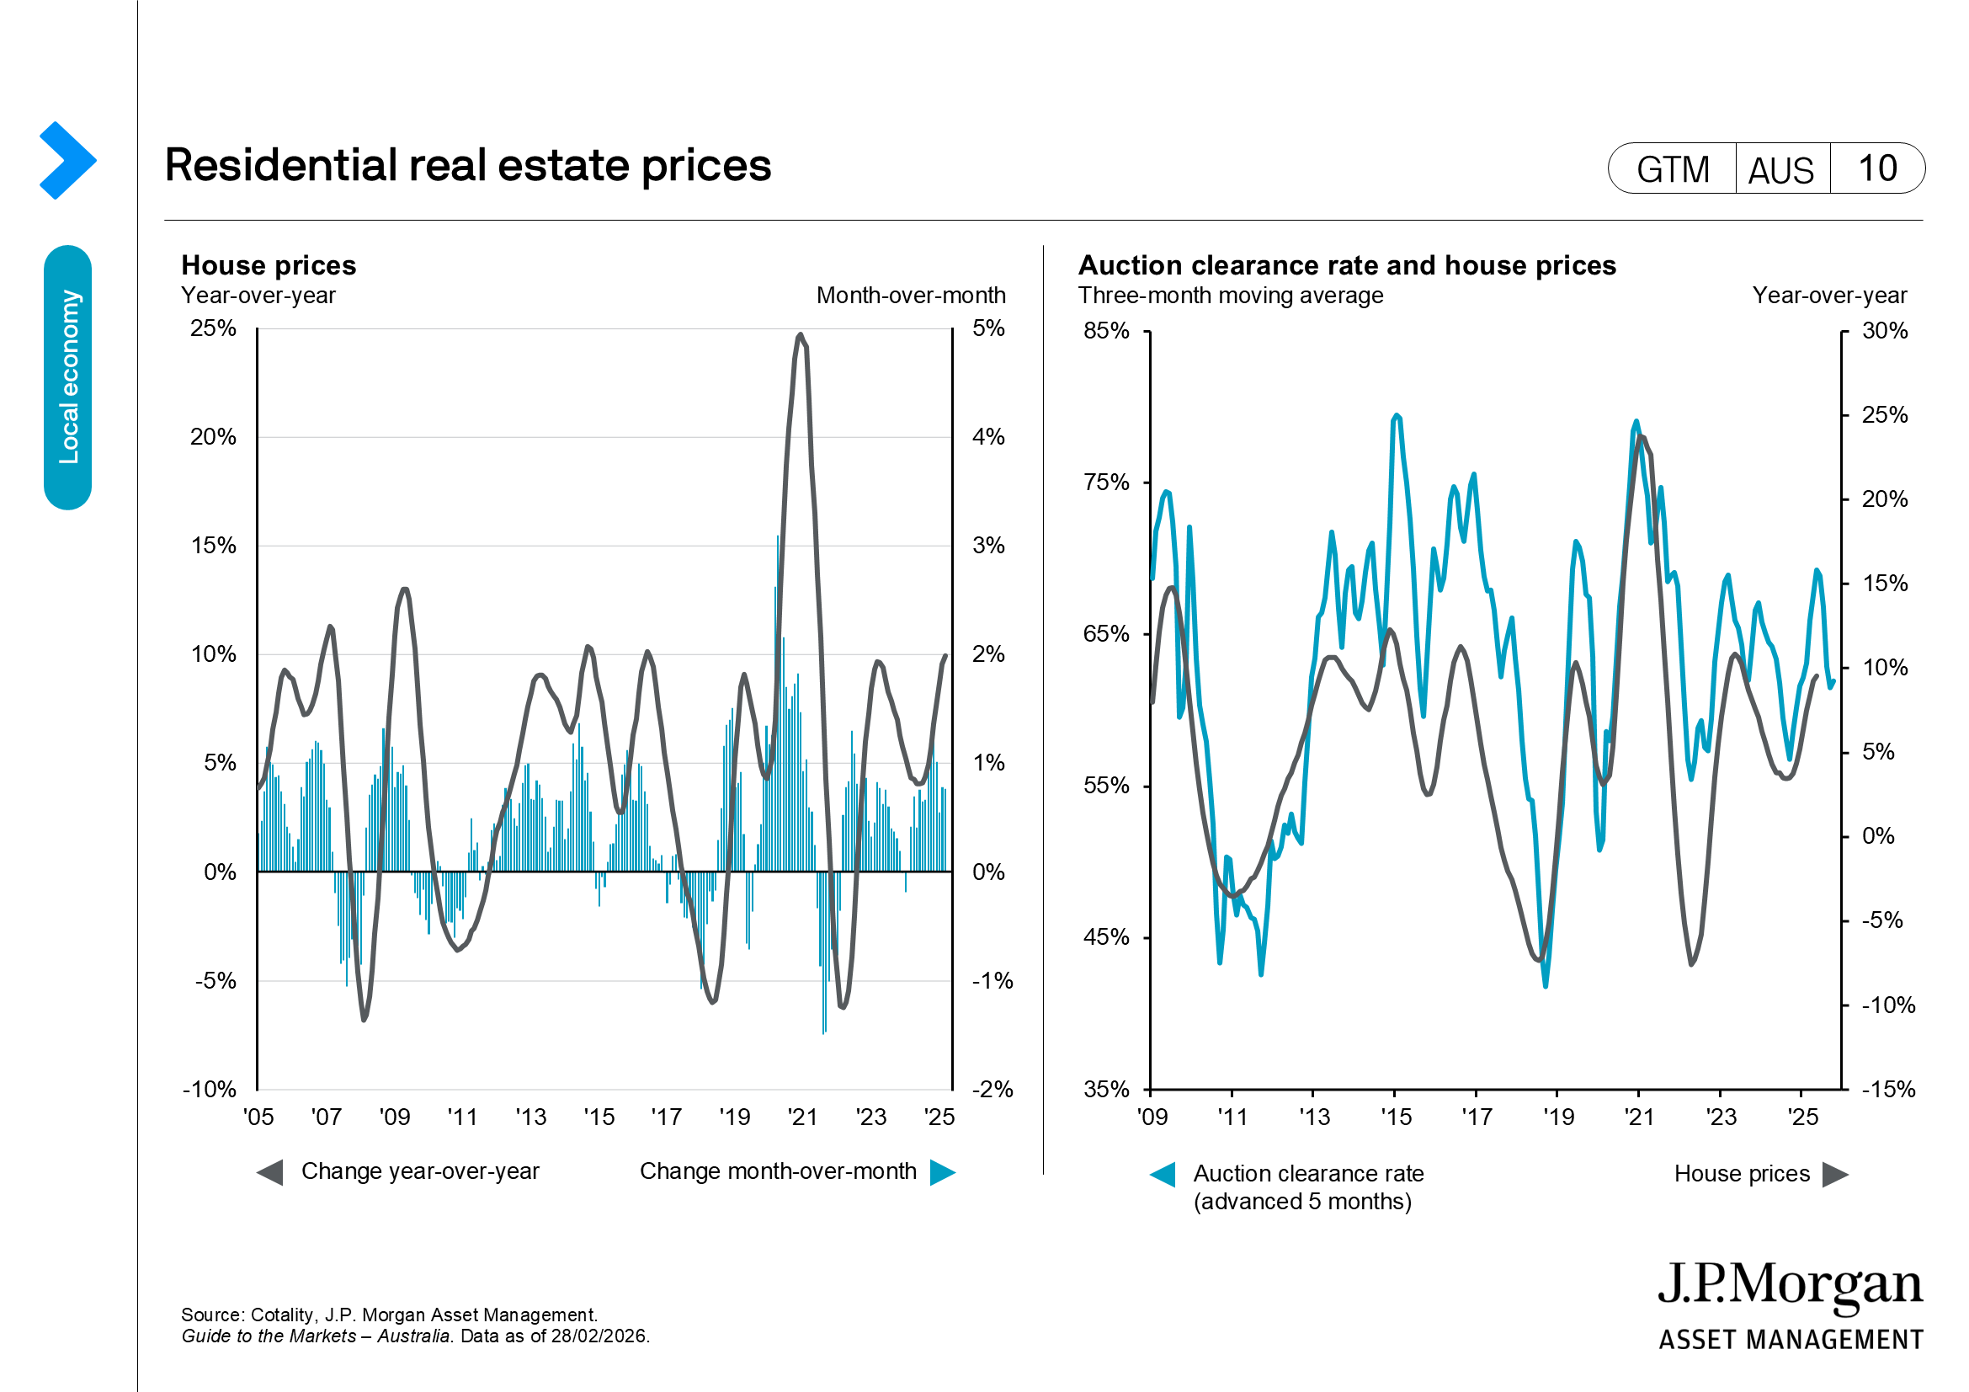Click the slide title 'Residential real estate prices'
tap(467, 165)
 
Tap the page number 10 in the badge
tap(1876, 169)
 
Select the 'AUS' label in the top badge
tap(1780, 170)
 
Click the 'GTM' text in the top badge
tap(1673, 170)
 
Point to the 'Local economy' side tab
tap(67, 377)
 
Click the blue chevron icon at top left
tap(67, 160)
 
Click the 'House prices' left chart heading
tap(269, 265)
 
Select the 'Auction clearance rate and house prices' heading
tap(1346, 265)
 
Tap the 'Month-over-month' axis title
tap(911, 295)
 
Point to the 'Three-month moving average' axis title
tap(1230, 295)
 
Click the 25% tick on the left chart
tap(214, 328)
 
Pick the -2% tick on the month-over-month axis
tap(992, 1089)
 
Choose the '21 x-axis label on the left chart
tap(802, 1117)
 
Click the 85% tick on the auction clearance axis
tap(1106, 331)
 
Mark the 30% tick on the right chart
tap(1884, 331)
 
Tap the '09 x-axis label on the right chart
tap(1152, 1117)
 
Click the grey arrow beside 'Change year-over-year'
tap(270, 1172)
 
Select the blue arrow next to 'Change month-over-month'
tap(943, 1172)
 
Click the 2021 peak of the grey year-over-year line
tap(800, 335)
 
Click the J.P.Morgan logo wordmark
tap(1790, 1285)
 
